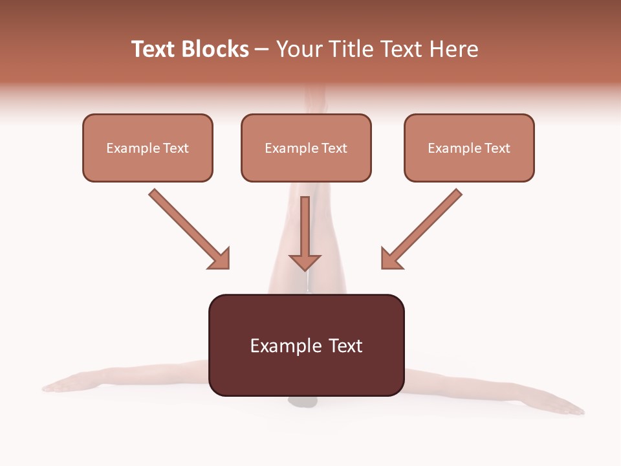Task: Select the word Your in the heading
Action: click(298, 49)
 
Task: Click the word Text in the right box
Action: click(497, 148)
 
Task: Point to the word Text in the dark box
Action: click(345, 346)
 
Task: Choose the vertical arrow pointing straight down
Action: click(305, 233)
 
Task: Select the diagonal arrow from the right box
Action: click(424, 227)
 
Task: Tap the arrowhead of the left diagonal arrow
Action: click(220, 259)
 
